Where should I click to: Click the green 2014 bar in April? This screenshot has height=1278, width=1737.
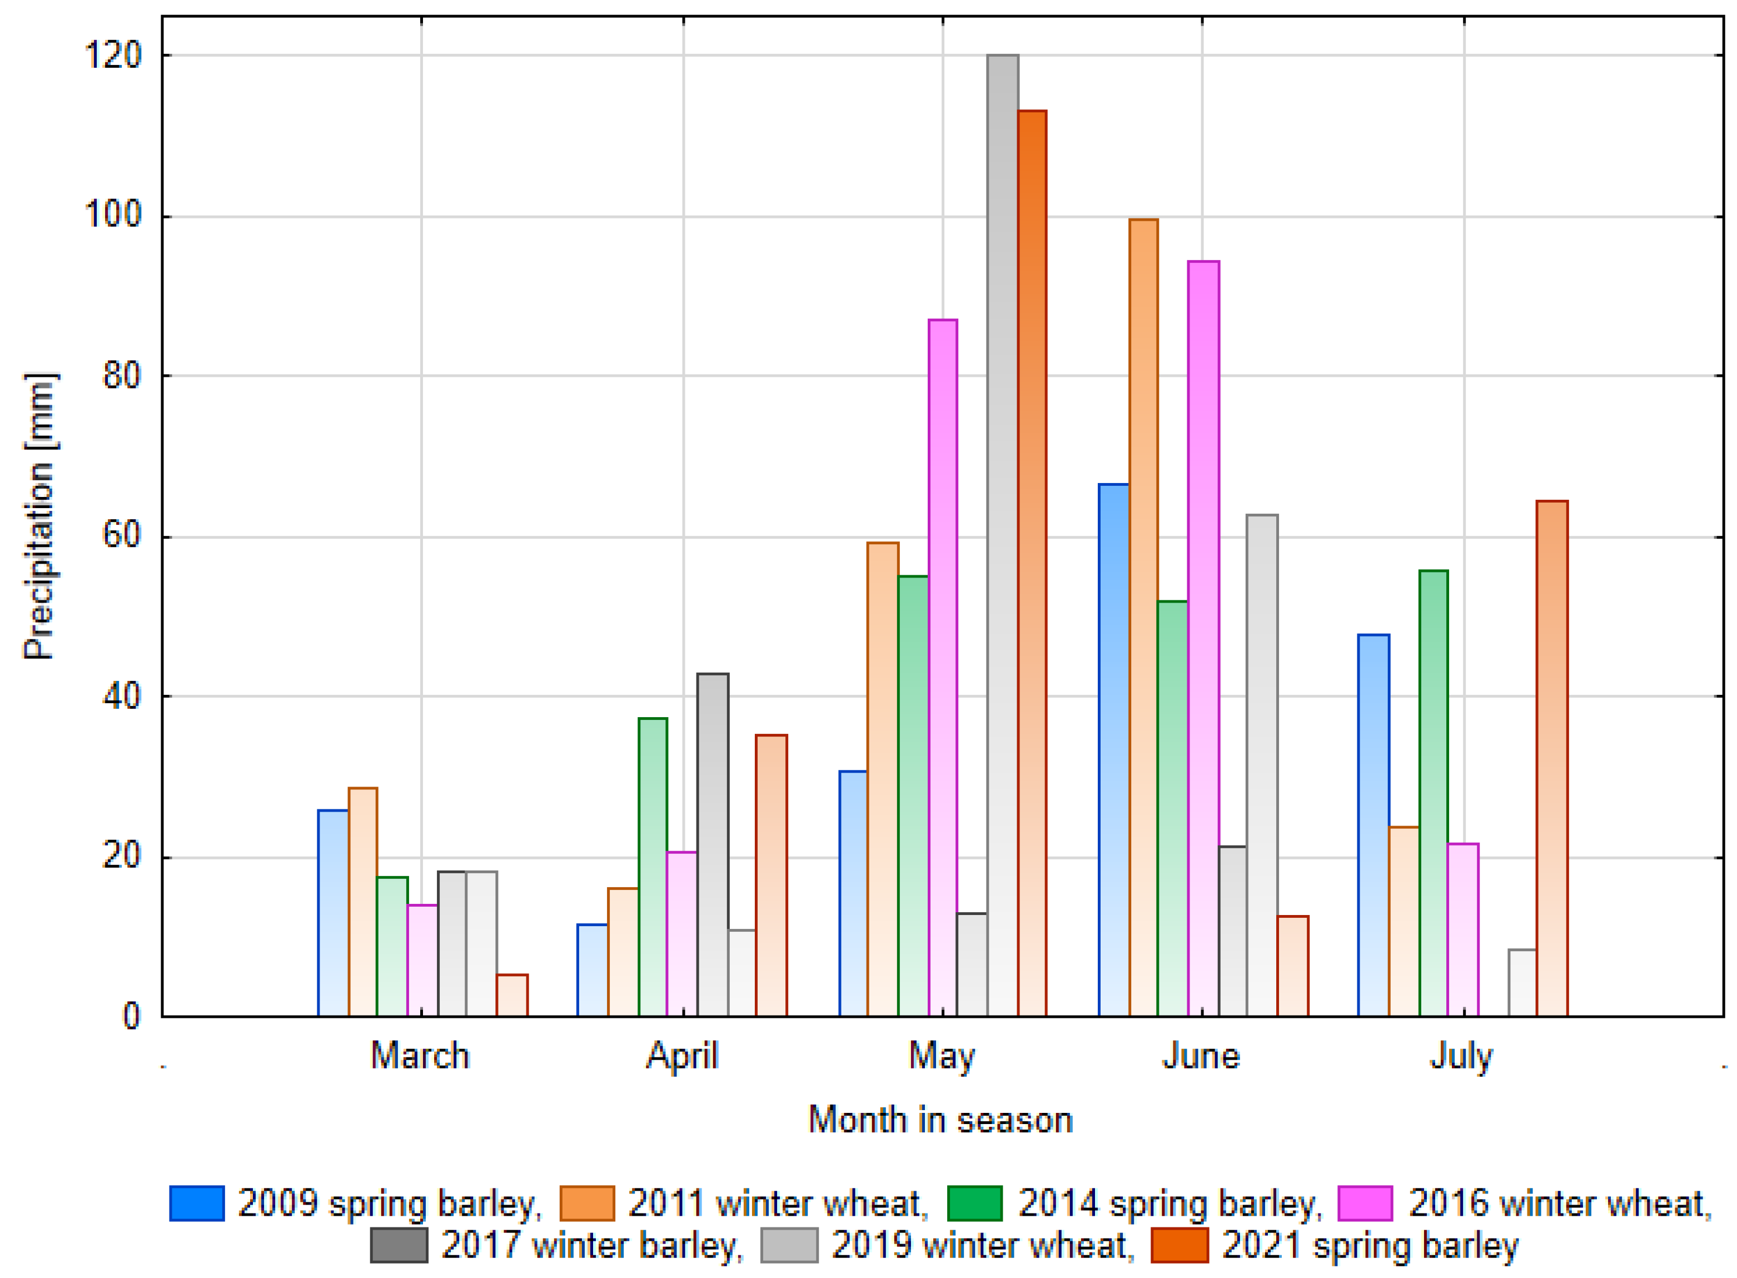[x=653, y=867]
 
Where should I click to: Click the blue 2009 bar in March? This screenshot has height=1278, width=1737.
[x=332, y=912]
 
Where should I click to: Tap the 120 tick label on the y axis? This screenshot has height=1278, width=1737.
[x=113, y=56]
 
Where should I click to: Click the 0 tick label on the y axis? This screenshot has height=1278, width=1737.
[x=132, y=1016]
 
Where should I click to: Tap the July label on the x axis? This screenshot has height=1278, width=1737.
[x=1461, y=1057]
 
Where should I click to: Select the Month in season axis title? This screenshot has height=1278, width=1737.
[x=940, y=1120]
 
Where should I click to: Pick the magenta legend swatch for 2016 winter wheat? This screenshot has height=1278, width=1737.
[x=1365, y=1202]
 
